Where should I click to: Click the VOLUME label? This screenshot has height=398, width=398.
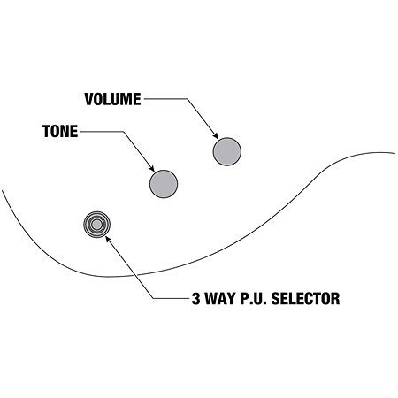coord(112,99)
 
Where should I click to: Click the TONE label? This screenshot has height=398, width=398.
coord(60,131)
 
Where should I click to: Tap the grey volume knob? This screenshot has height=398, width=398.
coord(227,151)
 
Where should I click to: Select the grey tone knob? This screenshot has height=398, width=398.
coord(164,184)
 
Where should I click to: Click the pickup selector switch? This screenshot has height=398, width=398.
coord(96,225)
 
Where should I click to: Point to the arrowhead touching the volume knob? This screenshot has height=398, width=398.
coord(216,135)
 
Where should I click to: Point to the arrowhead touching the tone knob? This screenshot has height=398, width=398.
coord(151,168)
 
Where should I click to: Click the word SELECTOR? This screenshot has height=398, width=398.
coord(305,298)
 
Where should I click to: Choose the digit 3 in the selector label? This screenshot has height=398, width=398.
coord(195,298)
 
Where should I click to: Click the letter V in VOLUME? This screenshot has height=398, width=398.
coord(89,99)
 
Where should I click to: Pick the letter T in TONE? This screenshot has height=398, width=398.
coord(47,131)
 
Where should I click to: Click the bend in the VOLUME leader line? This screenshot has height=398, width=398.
coord(187,99)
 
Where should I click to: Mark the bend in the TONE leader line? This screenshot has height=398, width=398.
coord(123,132)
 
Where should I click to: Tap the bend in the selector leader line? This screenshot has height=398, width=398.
coord(154,299)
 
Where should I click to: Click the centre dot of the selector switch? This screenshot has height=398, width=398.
coord(96,225)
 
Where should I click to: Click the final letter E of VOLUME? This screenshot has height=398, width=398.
coord(137,99)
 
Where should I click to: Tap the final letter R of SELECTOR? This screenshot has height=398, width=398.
coord(336,298)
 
